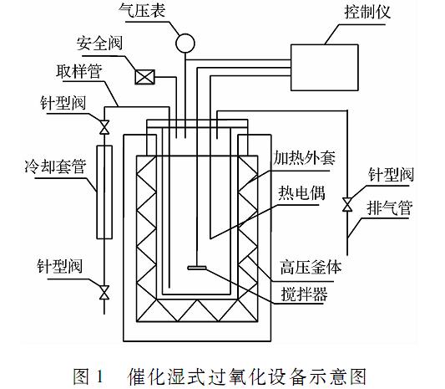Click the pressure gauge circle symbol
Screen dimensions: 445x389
185,44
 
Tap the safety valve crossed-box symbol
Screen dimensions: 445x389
144,77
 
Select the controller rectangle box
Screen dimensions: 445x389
325,68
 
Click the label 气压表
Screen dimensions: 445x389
142,10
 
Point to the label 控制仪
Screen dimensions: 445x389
367,12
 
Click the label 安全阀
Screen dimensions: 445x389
99,44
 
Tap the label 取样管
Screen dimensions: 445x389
79,71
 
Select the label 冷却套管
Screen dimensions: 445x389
55,166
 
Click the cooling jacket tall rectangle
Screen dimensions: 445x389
104,192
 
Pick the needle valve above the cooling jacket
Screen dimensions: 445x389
104,127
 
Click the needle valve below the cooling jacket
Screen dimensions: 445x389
104,292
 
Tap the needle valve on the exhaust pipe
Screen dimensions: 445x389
347,204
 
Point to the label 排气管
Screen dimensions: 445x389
389,207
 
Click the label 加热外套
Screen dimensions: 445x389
304,158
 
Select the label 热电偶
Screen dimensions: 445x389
301,193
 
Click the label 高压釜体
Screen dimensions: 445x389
311,267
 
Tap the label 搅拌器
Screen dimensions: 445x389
304,294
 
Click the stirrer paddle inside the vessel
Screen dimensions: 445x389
197,268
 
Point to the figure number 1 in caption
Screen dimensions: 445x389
99,376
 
